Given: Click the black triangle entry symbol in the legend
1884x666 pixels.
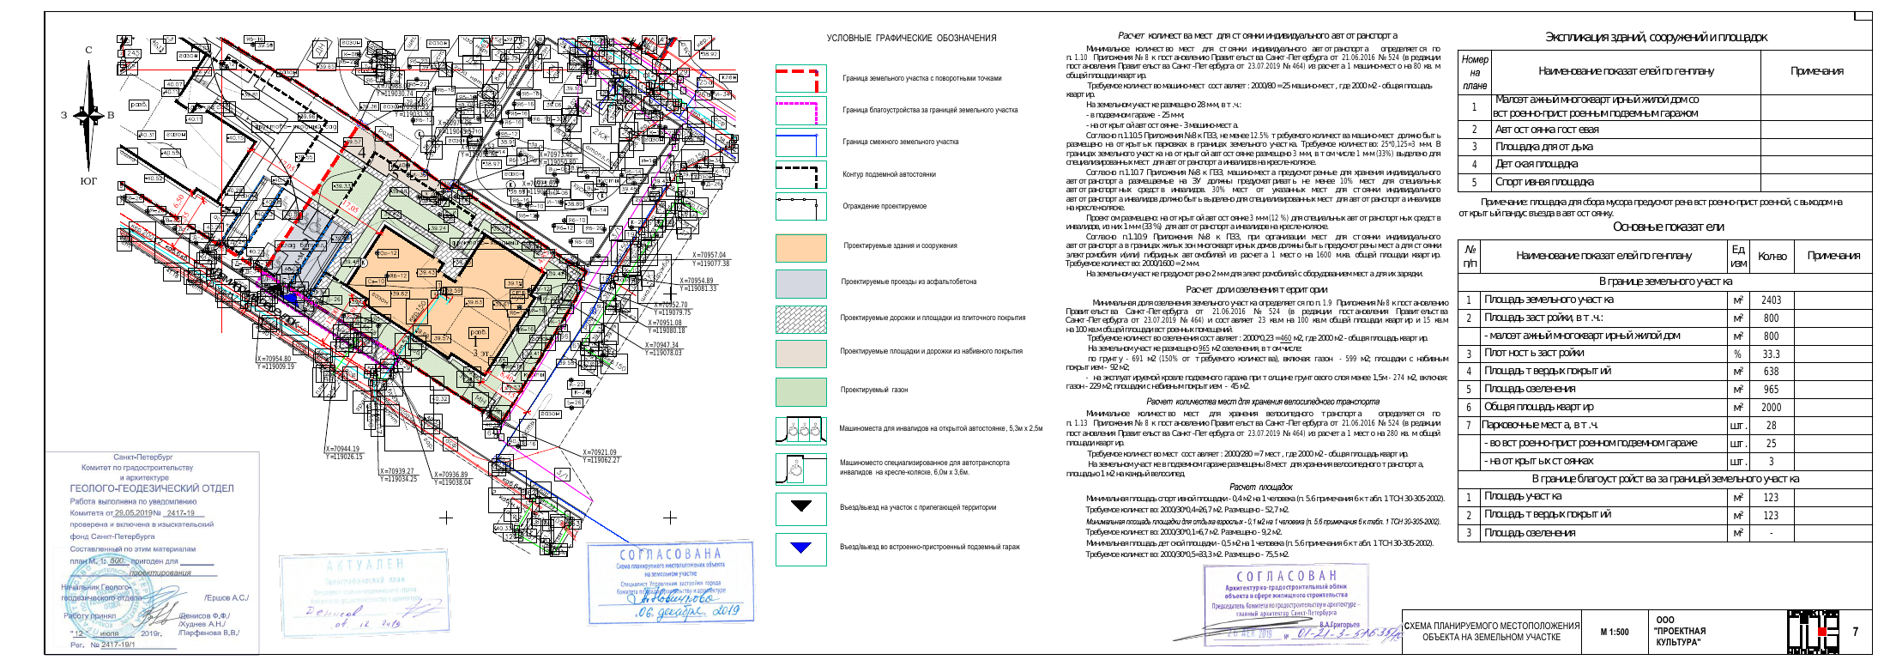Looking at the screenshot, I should (800, 506).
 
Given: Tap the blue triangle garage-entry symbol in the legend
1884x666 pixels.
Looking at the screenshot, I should (800, 547).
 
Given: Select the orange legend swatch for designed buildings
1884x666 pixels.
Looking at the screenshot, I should (800, 247).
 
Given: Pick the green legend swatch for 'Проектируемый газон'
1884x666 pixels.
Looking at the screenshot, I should (800, 391).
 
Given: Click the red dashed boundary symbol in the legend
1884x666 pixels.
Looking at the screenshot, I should (800, 79).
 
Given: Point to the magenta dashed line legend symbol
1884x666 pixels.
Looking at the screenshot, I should (800, 111).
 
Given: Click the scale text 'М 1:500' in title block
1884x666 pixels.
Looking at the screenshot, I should (1614, 633).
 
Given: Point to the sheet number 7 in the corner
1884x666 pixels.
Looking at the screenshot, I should (1855, 632).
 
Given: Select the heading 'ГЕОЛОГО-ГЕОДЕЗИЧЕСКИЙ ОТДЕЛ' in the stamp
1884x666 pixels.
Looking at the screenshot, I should (152, 488).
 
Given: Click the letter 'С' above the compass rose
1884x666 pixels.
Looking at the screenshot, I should (88, 50).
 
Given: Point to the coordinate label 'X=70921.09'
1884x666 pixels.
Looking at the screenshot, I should (599, 452).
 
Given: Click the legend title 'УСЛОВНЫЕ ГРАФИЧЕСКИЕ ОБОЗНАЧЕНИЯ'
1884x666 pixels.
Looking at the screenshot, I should (911, 39).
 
